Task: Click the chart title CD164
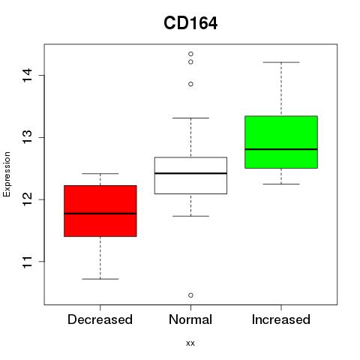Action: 190,23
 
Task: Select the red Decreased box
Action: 100,211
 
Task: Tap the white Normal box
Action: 190,175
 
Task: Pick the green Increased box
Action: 281,142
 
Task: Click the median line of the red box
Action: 100,214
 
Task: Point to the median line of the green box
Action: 281,149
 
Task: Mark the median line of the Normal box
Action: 190,173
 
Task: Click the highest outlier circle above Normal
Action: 190,54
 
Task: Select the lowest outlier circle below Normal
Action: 190,295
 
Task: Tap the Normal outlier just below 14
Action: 190,84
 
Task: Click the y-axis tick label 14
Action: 28,75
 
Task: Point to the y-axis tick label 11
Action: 28,262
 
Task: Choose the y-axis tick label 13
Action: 28,137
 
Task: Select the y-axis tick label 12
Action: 28,199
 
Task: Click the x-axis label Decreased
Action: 100,319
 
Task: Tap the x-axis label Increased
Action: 281,319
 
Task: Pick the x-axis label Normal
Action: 190,319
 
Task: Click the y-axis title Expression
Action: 7,174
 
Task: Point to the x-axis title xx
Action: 190,343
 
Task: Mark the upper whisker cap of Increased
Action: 281,62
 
